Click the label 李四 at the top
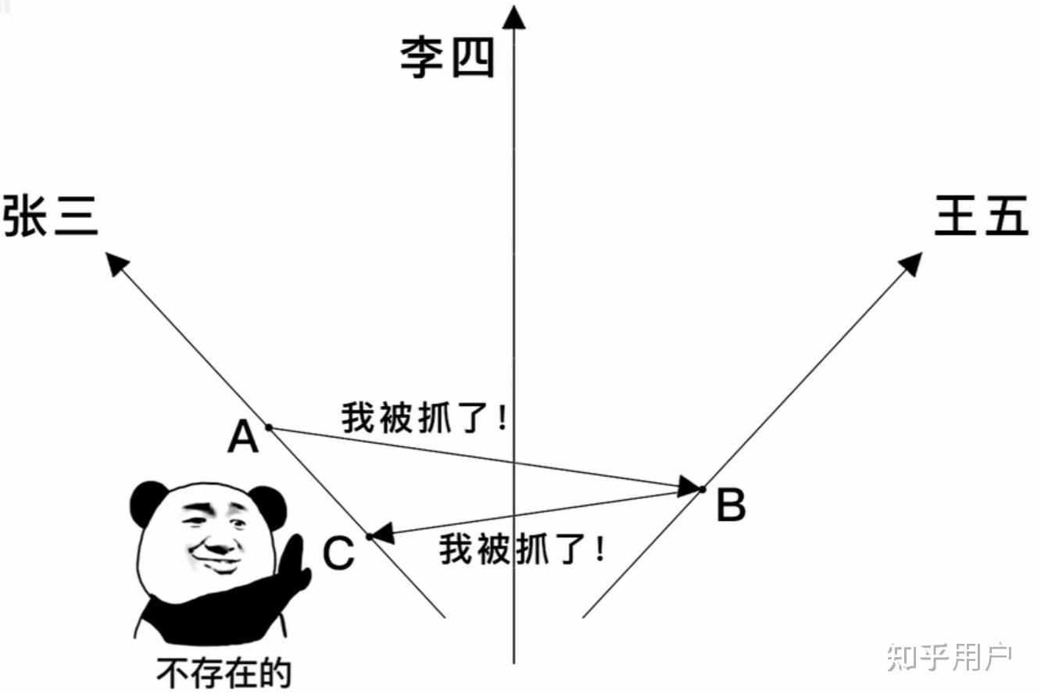448,58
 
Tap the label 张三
52,216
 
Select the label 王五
982,216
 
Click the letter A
243,439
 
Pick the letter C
339,554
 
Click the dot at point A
268,427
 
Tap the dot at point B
702,489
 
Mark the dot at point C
370,537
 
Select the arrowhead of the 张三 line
116,263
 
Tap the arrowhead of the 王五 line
911,263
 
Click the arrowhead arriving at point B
688,488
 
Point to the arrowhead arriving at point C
381,535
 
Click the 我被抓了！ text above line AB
425,419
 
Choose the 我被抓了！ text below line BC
522,549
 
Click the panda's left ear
148,503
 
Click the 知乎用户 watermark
950,657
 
